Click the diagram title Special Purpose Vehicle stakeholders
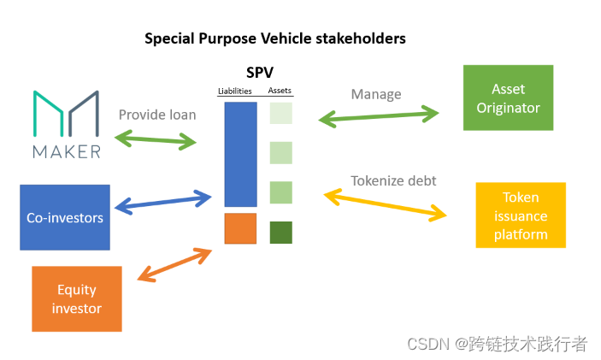click(x=274, y=38)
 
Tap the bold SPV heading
click(x=259, y=74)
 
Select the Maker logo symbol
click(x=67, y=116)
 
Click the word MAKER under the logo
click(x=67, y=152)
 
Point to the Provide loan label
click(x=157, y=115)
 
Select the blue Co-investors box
click(x=65, y=217)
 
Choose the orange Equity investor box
click(x=77, y=298)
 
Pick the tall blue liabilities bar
click(x=240, y=154)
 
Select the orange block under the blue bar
click(x=240, y=228)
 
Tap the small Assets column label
click(x=280, y=91)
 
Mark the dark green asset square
click(x=280, y=232)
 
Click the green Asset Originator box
click(x=508, y=99)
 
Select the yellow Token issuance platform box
click(x=520, y=215)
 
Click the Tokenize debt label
click(x=393, y=180)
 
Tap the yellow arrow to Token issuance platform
click(x=386, y=207)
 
